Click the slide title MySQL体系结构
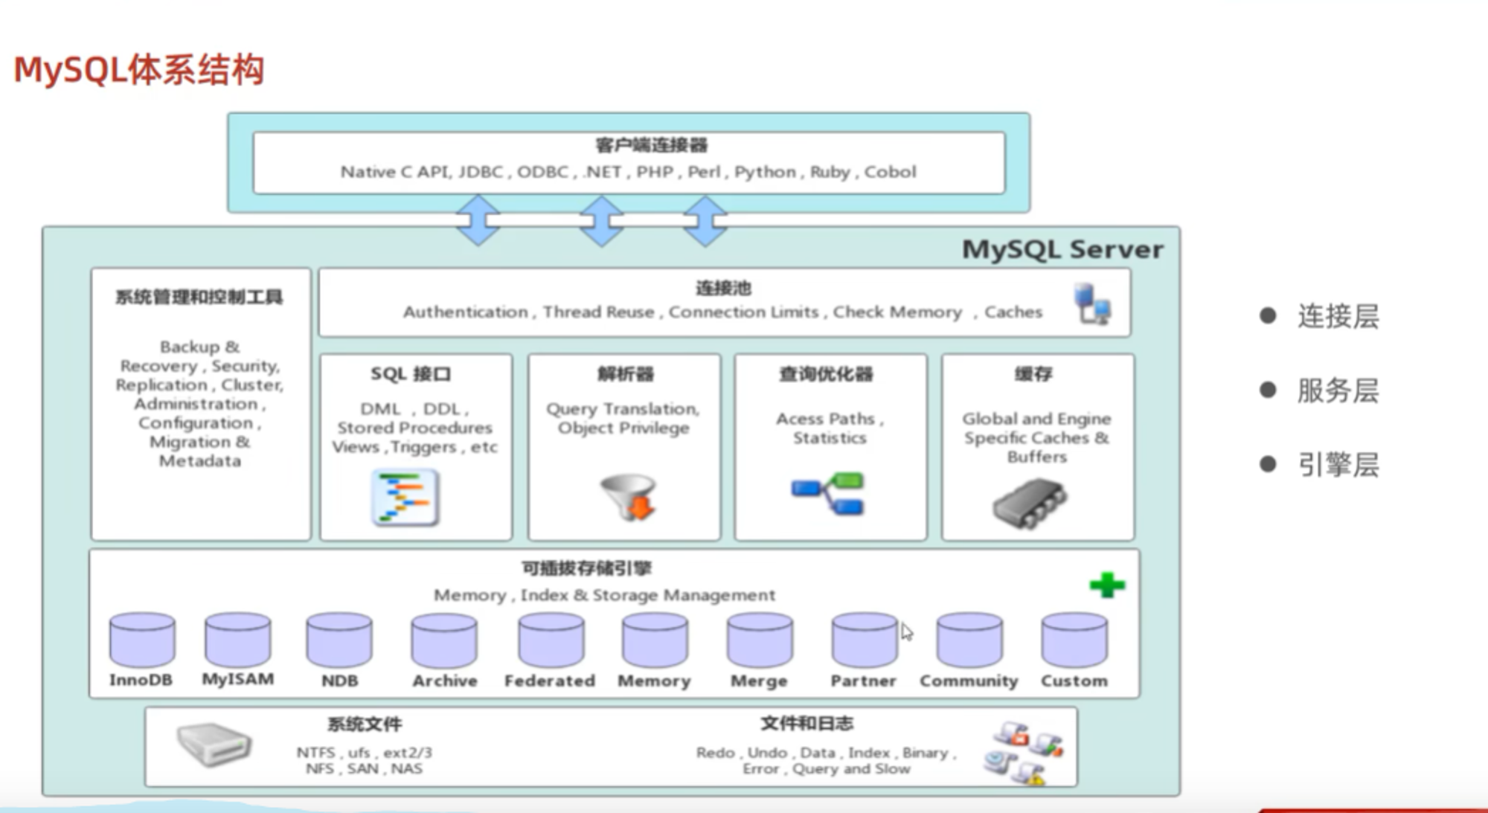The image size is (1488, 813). coord(139,71)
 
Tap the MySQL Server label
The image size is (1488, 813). coord(1062,250)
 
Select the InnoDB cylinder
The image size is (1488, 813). coord(142,640)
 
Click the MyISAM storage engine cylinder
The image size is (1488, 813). coord(238,640)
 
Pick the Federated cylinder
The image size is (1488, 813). coord(551,640)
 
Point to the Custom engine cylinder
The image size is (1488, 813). coord(1074,640)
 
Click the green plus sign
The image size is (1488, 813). coord(1107,585)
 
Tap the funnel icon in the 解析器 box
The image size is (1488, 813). coord(628,496)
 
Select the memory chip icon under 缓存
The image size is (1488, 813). coord(1030,503)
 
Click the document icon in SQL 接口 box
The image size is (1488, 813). coord(405,498)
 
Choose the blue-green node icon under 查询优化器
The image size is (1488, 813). coord(828,493)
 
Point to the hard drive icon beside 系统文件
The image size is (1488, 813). coord(214,745)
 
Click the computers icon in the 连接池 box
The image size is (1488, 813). coord(1092,303)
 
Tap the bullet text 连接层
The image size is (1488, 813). coord(1338,317)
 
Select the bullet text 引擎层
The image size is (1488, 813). coord(1338,466)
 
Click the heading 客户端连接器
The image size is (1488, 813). coord(651,146)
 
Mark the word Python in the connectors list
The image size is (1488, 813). coord(765,173)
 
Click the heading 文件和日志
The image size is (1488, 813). coord(806,724)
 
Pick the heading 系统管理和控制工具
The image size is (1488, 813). coord(199,298)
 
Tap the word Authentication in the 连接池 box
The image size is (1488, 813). coord(466,312)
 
